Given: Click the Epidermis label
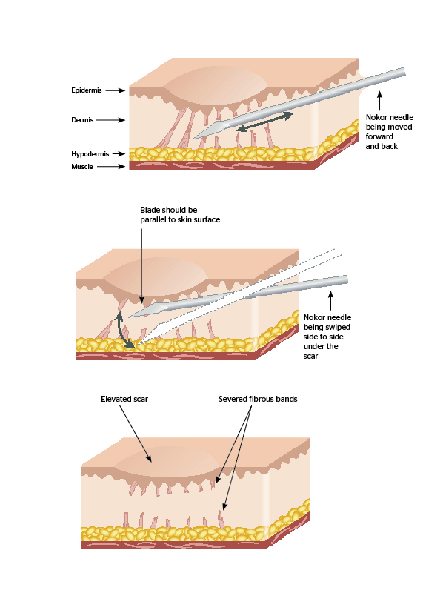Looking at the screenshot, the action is tap(87, 90).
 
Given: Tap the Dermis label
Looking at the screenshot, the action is tap(82, 120).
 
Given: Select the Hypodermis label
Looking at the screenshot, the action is tap(90, 154).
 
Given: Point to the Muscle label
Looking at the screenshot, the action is tap(82, 166).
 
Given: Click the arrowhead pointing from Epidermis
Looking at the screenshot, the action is tap(121, 90).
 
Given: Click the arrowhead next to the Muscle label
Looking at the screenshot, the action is tap(121, 166).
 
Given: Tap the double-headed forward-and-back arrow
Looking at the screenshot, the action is tap(264, 122).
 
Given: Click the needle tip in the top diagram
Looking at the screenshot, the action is tap(193, 139).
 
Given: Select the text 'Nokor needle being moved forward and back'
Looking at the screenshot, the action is tap(390, 132).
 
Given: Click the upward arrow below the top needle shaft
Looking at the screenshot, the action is tap(379, 100).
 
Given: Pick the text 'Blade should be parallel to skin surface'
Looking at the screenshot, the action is tap(180, 215).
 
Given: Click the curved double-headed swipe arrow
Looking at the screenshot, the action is tap(122, 330).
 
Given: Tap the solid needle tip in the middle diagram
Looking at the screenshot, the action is tap(130, 317).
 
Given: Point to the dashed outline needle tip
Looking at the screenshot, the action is tap(138, 344).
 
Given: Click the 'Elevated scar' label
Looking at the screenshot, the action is tap(124, 399).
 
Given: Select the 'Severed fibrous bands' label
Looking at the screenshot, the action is tap(258, 399).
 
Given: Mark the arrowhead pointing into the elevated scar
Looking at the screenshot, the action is tap(150, 459).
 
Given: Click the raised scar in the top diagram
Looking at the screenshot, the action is tap(215, 85).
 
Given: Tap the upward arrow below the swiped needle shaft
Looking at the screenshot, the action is tap(330, 301).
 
